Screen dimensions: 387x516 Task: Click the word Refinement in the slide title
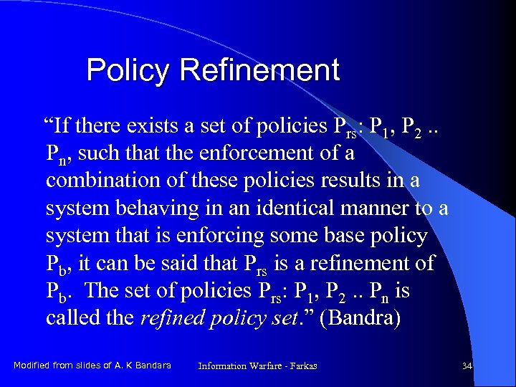point(259,71)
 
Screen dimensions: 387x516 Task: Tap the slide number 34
point(467,366)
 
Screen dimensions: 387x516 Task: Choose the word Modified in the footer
point(32,365)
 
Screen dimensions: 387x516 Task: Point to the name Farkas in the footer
point(304,366)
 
